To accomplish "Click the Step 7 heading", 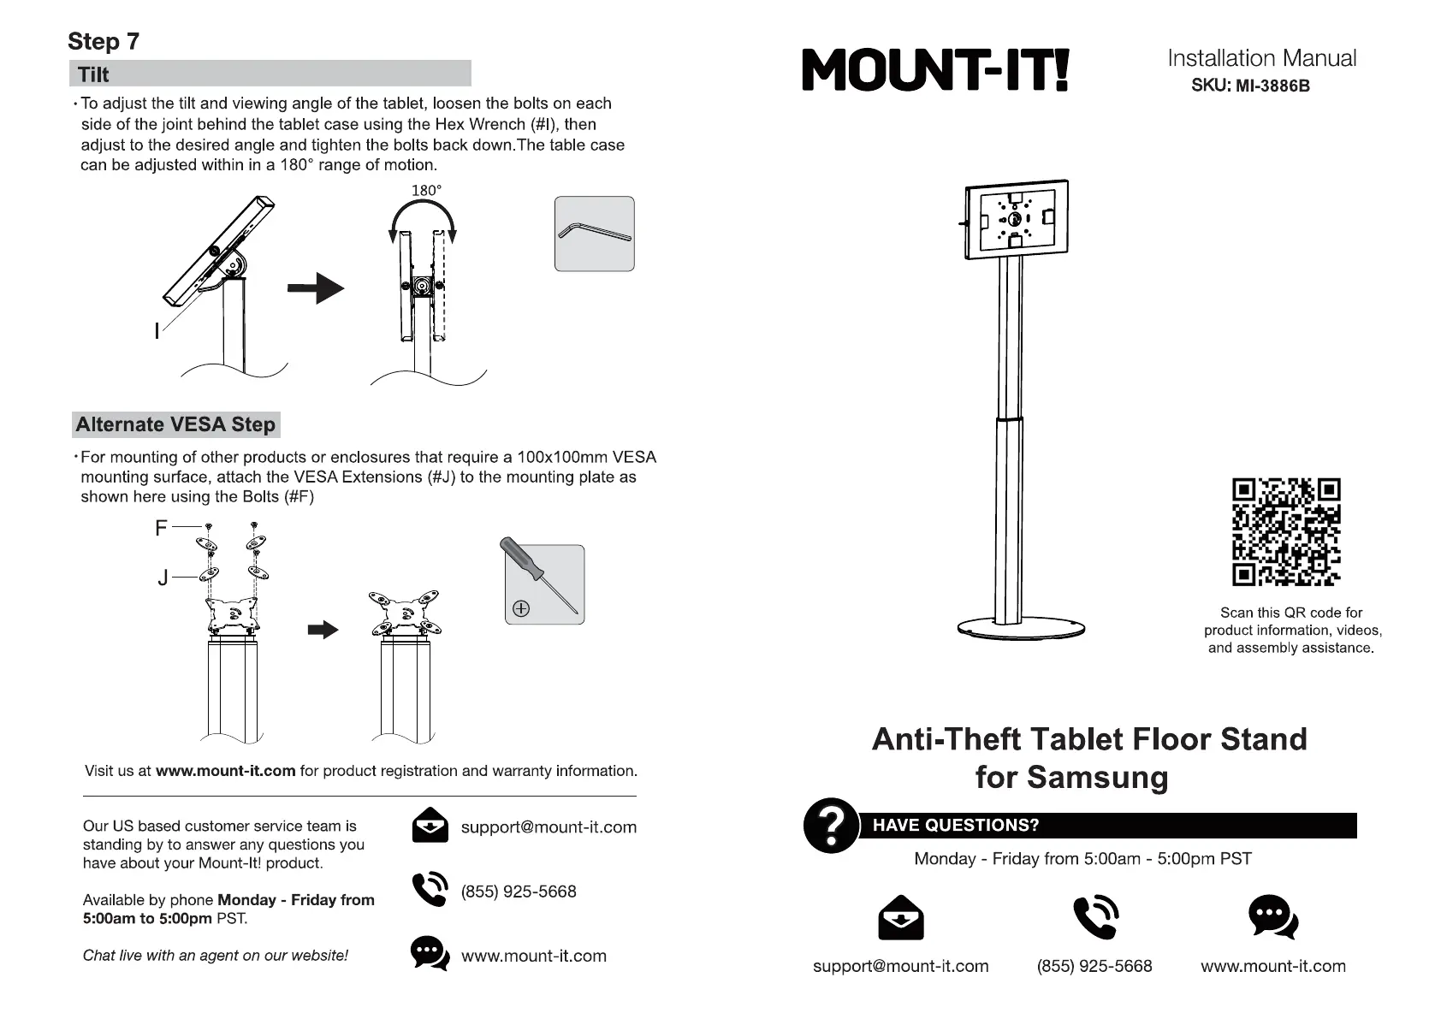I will click(x=103, y=41).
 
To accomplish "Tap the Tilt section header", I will click(x=93, y=74).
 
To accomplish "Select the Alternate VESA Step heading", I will click(x=175, y=424).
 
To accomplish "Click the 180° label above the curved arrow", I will click(x=426, y=190).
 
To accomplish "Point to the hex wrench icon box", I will click(x=594, y=234).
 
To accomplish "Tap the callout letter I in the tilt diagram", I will click(x=157, y=330).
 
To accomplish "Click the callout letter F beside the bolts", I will click(x=161, y=528).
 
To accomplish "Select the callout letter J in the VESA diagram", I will click(x=163, y=578).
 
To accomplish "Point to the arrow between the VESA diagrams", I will click(x=323, y=630).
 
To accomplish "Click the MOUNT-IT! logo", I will click(x=935, y=69).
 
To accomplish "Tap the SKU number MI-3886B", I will click(x=1272, y=86).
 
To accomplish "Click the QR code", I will click(x=1285, y=531).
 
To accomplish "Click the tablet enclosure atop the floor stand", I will click(x=1016, y=218).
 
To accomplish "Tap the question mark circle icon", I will click(x=830, y=826).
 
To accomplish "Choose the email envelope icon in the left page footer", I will click(x=430, y=826).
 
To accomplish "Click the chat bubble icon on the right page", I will click(x=1272, y=916).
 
